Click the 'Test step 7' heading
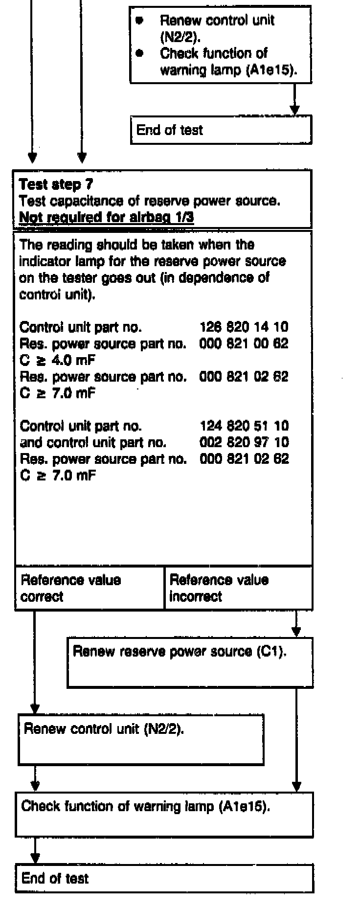click(x=56, y=184)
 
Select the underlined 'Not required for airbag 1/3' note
click(x=106, y=217)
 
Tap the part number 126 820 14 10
click(x=244, y=327)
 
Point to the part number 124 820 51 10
click(x=244, y=426)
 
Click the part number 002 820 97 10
click(x=244, y=442)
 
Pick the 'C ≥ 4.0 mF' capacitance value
click(x=57, y=360)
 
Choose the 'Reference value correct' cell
click(x=90, y=588)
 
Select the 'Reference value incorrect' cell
click(x=238, y=588)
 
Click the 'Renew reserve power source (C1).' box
click(x=190, y=662)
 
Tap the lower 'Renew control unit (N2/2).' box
click(x=141, y=739)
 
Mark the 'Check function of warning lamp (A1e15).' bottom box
click(x=164, y=815)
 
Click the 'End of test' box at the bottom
click(x=164, y=878)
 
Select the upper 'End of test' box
click(x=221, y=130)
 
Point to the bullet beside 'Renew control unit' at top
click(x=140, y=21)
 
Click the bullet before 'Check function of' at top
click(x=140, y=53)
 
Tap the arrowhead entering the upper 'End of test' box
click(x=294, y=110)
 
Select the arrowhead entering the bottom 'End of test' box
click(x=35, y=859)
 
